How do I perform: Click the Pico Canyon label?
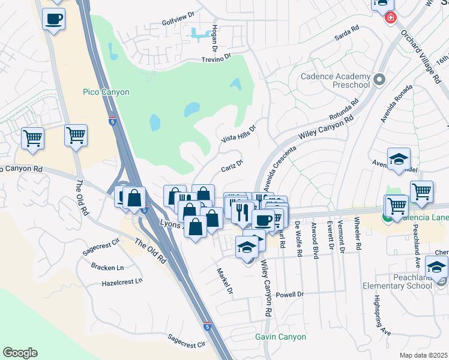tap(106, 92)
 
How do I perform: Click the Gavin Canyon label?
tap(280, 337)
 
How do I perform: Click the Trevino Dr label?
tap(215, 58)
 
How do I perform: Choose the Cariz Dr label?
tap(231, 165)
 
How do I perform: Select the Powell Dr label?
tap(291, 295)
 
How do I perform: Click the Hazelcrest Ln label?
tap(122, 281)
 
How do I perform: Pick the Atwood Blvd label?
tap(314, 239)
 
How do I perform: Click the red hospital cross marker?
tap(391, 17)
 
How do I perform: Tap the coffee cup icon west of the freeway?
tap(54, 19)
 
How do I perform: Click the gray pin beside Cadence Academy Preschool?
tap(379, 79)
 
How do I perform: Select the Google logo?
tap(20, 353)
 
